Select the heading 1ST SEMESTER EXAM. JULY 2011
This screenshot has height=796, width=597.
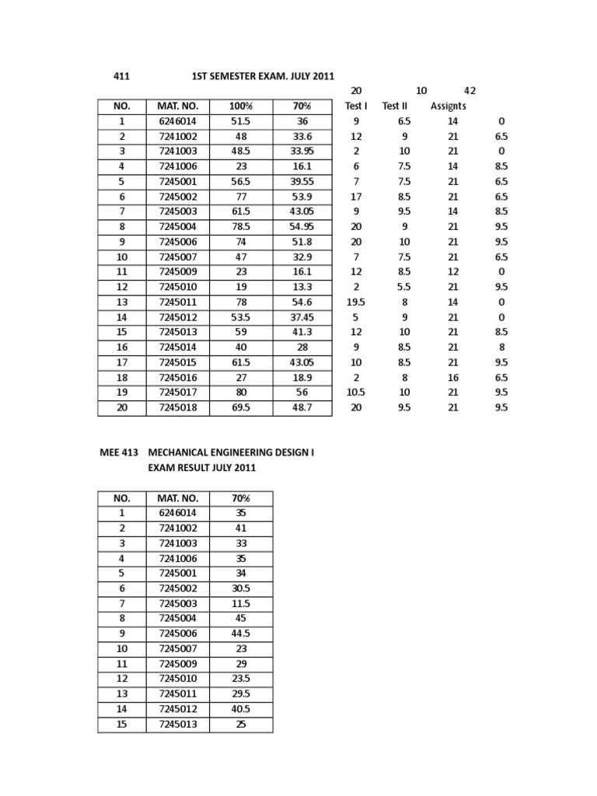pyautogui.click(x=263, y=76)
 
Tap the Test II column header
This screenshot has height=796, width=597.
pyautogui.click(x=395, y=106)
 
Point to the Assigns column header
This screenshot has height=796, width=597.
pyautogui.click(x=449, y=106)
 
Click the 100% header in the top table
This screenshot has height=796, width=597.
pyautogui.click(x=240, y=106)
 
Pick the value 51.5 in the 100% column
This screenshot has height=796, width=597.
pyautogui.click(x=240, y=121)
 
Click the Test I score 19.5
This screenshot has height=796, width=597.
pyautogui.click(x=356, y=302)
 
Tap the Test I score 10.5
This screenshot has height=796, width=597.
pyautogui.click(x=356, y=392)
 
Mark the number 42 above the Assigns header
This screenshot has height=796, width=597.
pyautogui.click(x=470, y=91)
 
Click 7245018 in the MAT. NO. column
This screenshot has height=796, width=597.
pyautogui.click(x=179, y=407)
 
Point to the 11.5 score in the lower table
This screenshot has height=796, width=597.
pyautogui.click(x=240, y=603)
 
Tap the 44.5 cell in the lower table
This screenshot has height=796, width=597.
pyautogui.click(x=240, y=634)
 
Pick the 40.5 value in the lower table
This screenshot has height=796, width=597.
pyautogui.click(x=240, y=709)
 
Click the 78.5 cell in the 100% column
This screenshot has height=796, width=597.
pyautogui.click(x=240, y=226)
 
